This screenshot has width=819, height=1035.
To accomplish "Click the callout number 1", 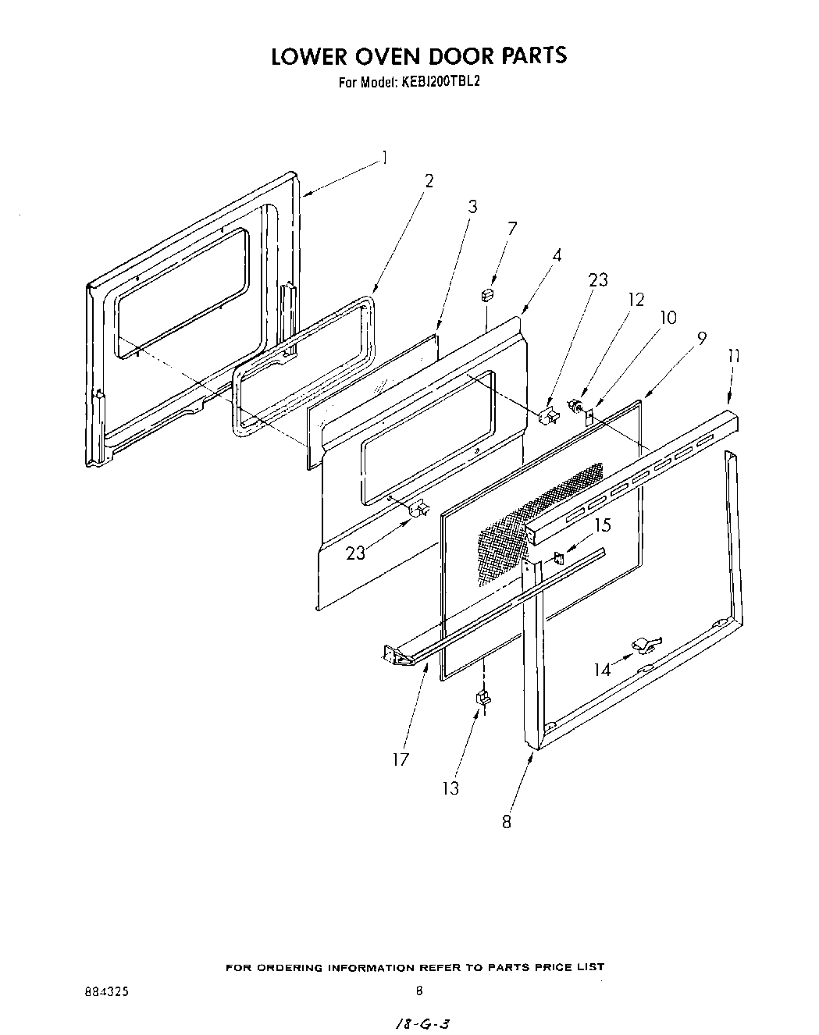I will (x=384, y=158).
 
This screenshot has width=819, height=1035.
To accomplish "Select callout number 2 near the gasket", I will (x=429, y=181).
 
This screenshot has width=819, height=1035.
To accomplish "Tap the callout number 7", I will (x=512, y=229).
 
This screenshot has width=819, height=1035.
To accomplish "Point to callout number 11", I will (x=733, y=356).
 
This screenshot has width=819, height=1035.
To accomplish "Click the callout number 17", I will (x=401, y=759).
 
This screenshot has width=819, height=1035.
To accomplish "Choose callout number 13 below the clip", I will (x=450, y=788).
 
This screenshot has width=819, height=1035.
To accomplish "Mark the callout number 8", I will (x=506, y=821).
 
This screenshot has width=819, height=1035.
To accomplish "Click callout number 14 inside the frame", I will (x=602, y=670).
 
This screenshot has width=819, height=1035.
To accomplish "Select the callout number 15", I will (x=603, y=525).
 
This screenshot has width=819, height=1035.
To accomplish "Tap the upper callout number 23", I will (x=598, y=279).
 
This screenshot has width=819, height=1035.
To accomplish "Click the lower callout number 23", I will (x=355, y=553).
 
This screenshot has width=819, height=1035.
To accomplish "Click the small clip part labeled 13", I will (x=482, y=697).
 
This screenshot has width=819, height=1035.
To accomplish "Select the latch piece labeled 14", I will (x=644, y=644).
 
